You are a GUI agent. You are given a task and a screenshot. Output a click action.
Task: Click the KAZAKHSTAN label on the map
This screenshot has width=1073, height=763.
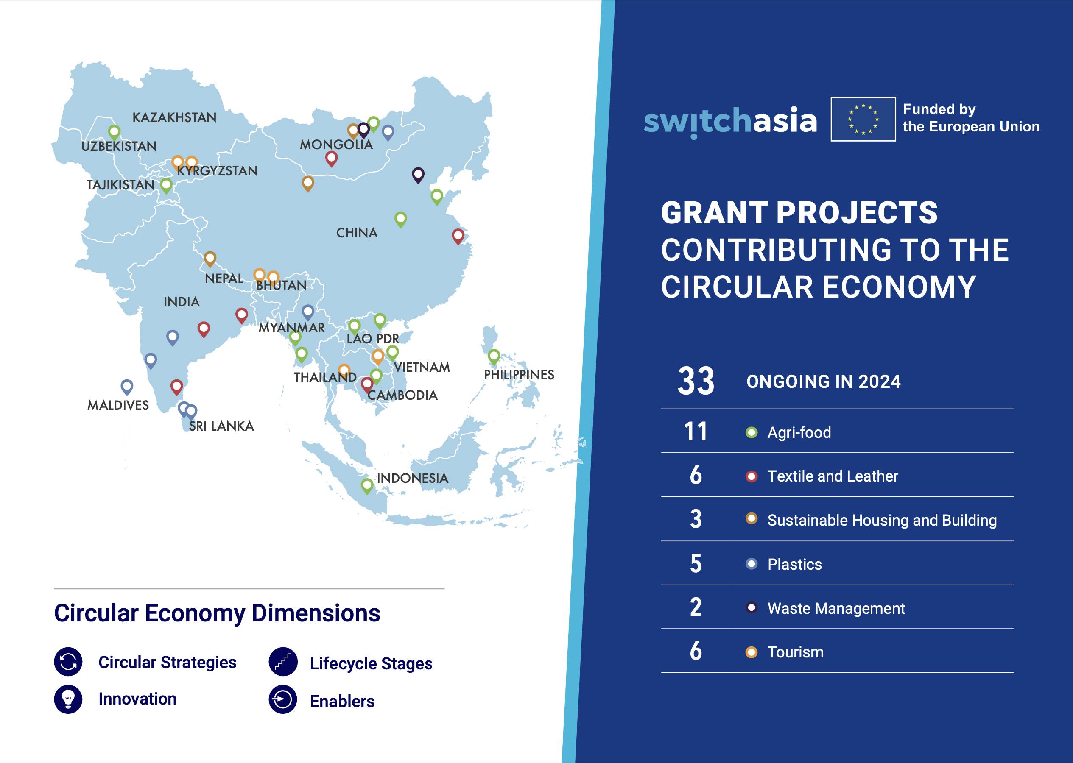(x=174, y=117)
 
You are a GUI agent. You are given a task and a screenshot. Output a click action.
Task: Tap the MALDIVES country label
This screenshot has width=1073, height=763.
(x=118, y=405)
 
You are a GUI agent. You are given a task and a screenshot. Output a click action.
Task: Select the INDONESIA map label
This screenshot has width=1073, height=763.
(x=413, y=478)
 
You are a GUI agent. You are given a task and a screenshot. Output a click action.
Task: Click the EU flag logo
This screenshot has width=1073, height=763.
(x=863, y=120)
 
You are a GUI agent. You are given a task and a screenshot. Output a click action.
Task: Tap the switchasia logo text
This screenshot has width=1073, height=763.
(x=730, y=122)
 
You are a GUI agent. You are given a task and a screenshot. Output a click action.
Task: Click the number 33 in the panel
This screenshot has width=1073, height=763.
(x=696, y=381)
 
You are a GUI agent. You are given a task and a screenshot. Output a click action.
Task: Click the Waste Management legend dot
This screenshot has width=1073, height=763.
(x=752, y=608)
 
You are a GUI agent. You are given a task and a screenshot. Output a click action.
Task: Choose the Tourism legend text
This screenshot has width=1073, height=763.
(x=795, y=652)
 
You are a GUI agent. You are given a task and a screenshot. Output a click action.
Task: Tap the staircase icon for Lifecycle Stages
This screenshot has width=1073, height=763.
(x=283, y=662)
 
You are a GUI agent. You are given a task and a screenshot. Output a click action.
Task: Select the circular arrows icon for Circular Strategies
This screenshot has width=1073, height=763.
(x=68, y=662)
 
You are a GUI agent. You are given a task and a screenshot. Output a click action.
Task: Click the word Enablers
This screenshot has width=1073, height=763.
(x=342, y=702)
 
